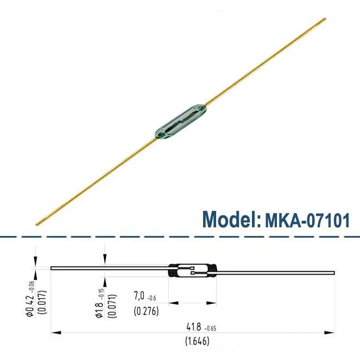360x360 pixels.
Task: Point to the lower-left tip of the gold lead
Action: click(37, 224)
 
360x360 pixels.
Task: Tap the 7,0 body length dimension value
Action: click(141, 297)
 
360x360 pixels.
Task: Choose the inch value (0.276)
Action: click(146, 311)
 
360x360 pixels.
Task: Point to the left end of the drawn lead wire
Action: click(52, 268)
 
